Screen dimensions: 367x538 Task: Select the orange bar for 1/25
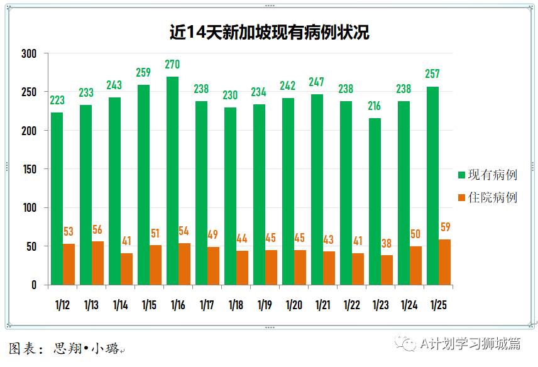click(x=444, y=262)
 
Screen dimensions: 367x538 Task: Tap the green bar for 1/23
click(x=375, y=202)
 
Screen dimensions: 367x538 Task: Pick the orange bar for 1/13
click(x=97, y=263)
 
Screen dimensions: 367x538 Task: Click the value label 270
click(x=172, y=64)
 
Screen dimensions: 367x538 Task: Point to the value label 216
click(x=375, y=106)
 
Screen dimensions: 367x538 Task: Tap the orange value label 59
click(x=446, y=227)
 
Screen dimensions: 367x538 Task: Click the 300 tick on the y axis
click(x=30, y=54)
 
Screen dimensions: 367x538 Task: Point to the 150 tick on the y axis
click(x=30, y=170)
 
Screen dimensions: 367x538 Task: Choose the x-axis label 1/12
click(x=63, y=305)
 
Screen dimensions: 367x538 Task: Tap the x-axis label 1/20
click(x=294, y=305)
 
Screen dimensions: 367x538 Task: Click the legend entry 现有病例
click(x=488, y=175)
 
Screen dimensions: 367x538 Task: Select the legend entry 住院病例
click(x=488, y=197)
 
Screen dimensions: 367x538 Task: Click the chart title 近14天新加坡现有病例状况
click(x=269, y=32)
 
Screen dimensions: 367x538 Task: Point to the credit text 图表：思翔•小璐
click(x=68, y=348)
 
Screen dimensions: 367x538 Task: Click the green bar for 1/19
click(x=259, y=195)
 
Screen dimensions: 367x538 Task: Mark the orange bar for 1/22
click(x=358, y=269)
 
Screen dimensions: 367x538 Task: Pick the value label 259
click(x=143, y=72)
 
